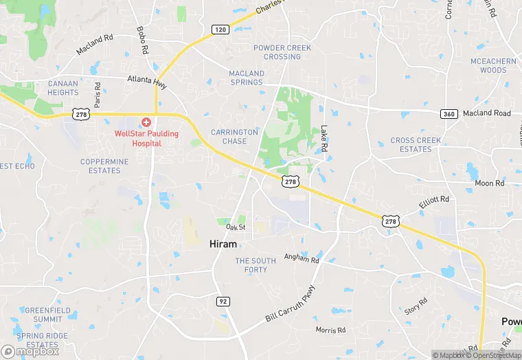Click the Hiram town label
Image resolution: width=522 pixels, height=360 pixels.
point(223,244)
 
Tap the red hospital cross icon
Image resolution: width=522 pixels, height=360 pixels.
point(146,122)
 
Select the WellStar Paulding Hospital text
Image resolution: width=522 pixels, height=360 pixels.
point(138,138)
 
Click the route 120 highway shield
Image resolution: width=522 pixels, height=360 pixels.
point(220,30)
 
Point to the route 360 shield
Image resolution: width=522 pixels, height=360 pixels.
point(449,113)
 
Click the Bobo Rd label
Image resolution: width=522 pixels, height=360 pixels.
point(143,41)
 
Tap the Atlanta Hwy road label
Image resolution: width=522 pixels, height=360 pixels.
point(147,80)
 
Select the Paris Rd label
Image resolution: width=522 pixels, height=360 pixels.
point(98,95)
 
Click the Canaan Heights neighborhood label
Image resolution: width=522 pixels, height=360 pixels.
point(63,88)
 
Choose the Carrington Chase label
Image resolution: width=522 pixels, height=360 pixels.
point(234,137)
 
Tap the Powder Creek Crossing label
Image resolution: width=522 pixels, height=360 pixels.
point(282,52)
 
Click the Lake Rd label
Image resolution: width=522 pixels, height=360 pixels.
point(324,139)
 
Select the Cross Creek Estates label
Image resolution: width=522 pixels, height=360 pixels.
point(416,145)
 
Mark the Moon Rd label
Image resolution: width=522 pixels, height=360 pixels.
point(489,183)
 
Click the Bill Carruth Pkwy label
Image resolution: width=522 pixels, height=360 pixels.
point(291,304)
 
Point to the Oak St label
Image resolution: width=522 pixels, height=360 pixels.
point(236,227)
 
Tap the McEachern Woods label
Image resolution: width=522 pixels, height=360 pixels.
point(493,66)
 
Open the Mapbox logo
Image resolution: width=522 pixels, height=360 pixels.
point(30,351)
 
